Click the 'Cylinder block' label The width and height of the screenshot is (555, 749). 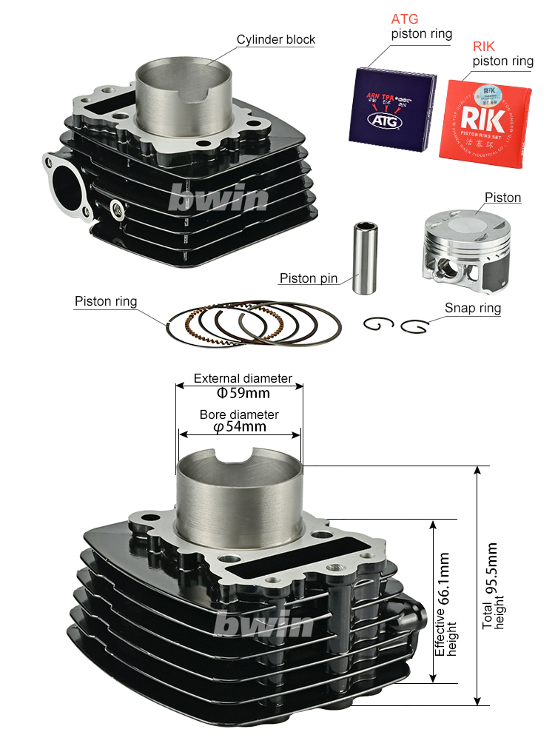coord(275,40)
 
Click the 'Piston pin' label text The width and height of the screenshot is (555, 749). coord(308,279)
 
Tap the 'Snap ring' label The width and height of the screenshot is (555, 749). coord(472,308)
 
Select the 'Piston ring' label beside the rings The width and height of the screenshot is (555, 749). coord(105,301)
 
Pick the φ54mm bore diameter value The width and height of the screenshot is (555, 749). coord(239,427)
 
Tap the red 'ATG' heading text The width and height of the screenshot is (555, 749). coord(405,19)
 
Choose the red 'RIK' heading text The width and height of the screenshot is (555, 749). coord(484,47)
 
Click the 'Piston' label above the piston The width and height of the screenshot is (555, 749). coord(502,198)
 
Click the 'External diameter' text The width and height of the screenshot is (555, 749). coord(243,378)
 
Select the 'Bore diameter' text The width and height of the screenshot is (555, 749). coord(239,414)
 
